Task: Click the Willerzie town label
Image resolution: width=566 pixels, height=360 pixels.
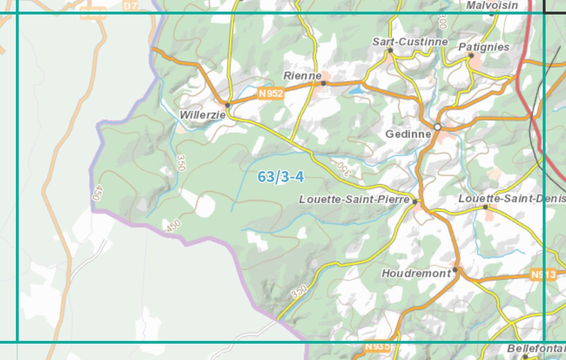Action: click(202, 115)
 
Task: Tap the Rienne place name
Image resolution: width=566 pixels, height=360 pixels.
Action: click(302, 76)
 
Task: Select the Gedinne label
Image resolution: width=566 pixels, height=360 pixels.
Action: click(408, 134)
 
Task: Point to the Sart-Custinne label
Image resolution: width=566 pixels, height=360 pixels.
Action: click(410, 42)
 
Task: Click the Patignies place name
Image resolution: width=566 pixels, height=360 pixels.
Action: click(484, 47)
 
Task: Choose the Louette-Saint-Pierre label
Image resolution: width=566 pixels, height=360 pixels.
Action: click(354, 200)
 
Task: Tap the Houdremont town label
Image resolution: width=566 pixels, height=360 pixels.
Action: click(416, 273)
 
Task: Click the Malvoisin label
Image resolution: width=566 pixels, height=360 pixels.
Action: click(492, 6)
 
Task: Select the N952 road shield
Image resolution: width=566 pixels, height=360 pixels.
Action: click(271, 94)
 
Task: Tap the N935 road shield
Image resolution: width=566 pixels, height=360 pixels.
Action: click(377, 346)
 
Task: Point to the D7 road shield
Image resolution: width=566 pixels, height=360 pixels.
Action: click(131, 6)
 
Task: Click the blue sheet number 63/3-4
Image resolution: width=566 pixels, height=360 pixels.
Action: click(281, 177)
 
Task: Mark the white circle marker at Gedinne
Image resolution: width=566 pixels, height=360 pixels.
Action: click(437, 127)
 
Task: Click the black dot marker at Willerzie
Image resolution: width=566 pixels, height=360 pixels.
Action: click(228, 105)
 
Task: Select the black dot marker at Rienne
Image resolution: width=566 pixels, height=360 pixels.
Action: click(324, 83)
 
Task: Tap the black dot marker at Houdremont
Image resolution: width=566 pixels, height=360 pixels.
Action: click(455, 270)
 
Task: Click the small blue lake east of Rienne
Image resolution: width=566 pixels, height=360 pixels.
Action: click(355, 90)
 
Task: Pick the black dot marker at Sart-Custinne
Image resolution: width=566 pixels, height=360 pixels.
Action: click(390, 50)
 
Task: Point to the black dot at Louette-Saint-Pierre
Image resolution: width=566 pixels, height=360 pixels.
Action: click(415, 202)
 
